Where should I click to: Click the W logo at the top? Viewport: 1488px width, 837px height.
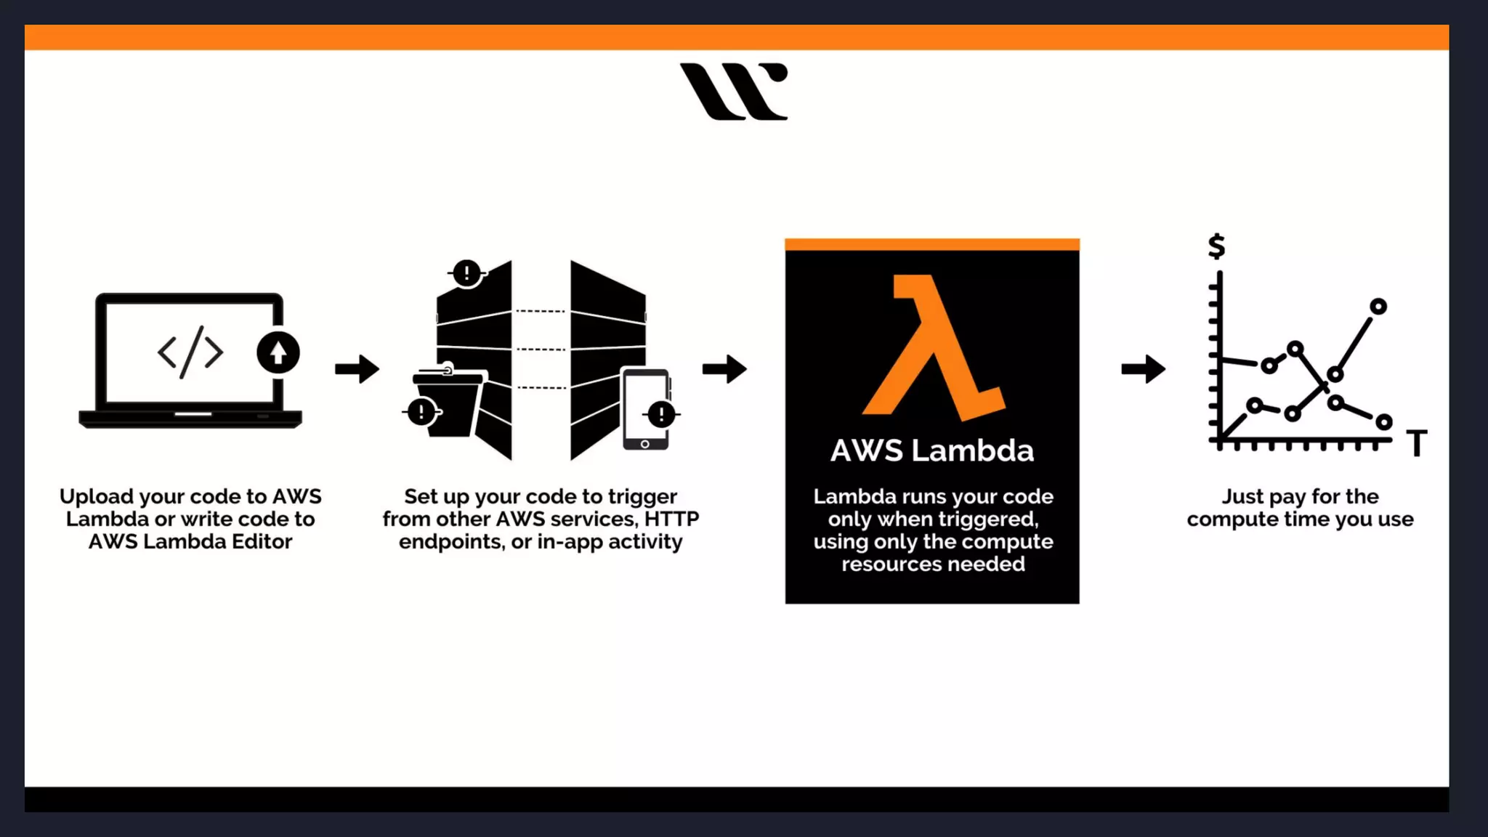(x=734, y=92)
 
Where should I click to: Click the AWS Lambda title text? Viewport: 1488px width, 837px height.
(x=932, y=450)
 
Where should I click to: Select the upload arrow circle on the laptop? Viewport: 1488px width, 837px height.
(x=278, y=352)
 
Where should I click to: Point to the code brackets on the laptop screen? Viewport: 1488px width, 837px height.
(x=190, y=352)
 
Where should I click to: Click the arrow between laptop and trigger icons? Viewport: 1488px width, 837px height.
(x=357, y=369)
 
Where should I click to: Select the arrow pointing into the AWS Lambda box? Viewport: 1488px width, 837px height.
(x=724, y=369)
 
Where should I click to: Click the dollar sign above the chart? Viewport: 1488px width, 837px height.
(x=1217, y=246)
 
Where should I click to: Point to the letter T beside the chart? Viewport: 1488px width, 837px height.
(x=1417, y=442)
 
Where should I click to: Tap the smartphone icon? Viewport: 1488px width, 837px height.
(x=644, y=409)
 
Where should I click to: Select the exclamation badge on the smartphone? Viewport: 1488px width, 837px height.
(x=661, y=415)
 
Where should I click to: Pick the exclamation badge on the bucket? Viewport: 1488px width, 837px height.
(x=421, y=412)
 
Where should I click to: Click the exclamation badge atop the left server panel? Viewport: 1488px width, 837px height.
(x=466, y=273)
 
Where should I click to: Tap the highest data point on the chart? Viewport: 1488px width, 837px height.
(x=1378, y=307)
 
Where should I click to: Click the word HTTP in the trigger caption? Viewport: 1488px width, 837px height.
(x=671, y=519)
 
